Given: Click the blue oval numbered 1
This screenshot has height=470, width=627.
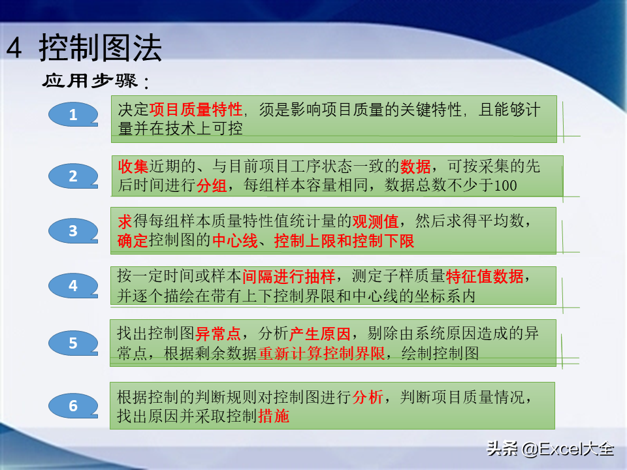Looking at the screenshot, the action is (x=73, y=115).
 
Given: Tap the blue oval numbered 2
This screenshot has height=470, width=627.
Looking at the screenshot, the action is (x=73, y=176).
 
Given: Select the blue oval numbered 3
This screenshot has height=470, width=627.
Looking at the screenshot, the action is (x=73, y=230).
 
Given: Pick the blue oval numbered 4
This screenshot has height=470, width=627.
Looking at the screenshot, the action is (x=73, y=285).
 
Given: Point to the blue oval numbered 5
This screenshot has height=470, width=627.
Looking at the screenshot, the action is (x=73, y=343).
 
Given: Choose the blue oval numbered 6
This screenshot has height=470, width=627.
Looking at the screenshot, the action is (x=73, y=405).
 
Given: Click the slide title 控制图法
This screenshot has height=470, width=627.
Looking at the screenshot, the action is (x=101, y=48).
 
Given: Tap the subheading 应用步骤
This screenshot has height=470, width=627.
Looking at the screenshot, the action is (x=90, y=81).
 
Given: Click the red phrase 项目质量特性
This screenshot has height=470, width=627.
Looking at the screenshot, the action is (x=196, y=110).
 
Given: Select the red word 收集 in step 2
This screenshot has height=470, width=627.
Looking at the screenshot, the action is (x=133, y=166).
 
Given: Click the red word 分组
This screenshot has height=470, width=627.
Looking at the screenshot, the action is (x=212, y=185).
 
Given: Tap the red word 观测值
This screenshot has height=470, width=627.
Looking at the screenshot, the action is (x=375, y=221).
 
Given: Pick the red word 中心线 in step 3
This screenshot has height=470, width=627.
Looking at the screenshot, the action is (x=234, y=241).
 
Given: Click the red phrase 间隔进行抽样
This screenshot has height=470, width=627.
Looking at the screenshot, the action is (x=289, y=276).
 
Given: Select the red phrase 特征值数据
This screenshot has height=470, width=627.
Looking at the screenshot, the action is (x=485, y=276).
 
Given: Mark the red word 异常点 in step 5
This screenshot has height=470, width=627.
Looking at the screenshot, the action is (x=218, y=334).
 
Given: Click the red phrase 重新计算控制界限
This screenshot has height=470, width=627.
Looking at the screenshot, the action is (x=321, y=353).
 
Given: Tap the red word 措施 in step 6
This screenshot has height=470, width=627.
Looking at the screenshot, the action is (x=274, y=416).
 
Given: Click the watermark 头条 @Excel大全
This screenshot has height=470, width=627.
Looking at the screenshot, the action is (x=550, y=449).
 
